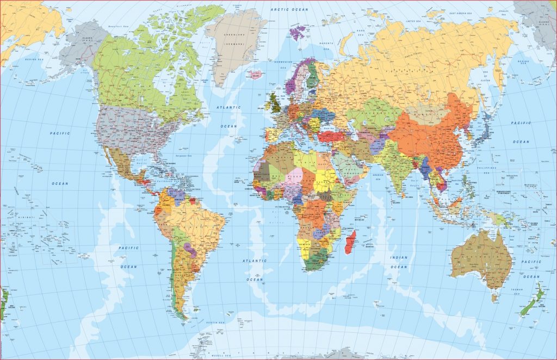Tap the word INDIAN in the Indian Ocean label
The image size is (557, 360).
pyautogui.click(x=399, y=257)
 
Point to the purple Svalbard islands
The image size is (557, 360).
pyautogui.click(x=297, y=33)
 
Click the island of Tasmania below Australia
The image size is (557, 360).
pyautogui.click(x=494, y=297)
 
